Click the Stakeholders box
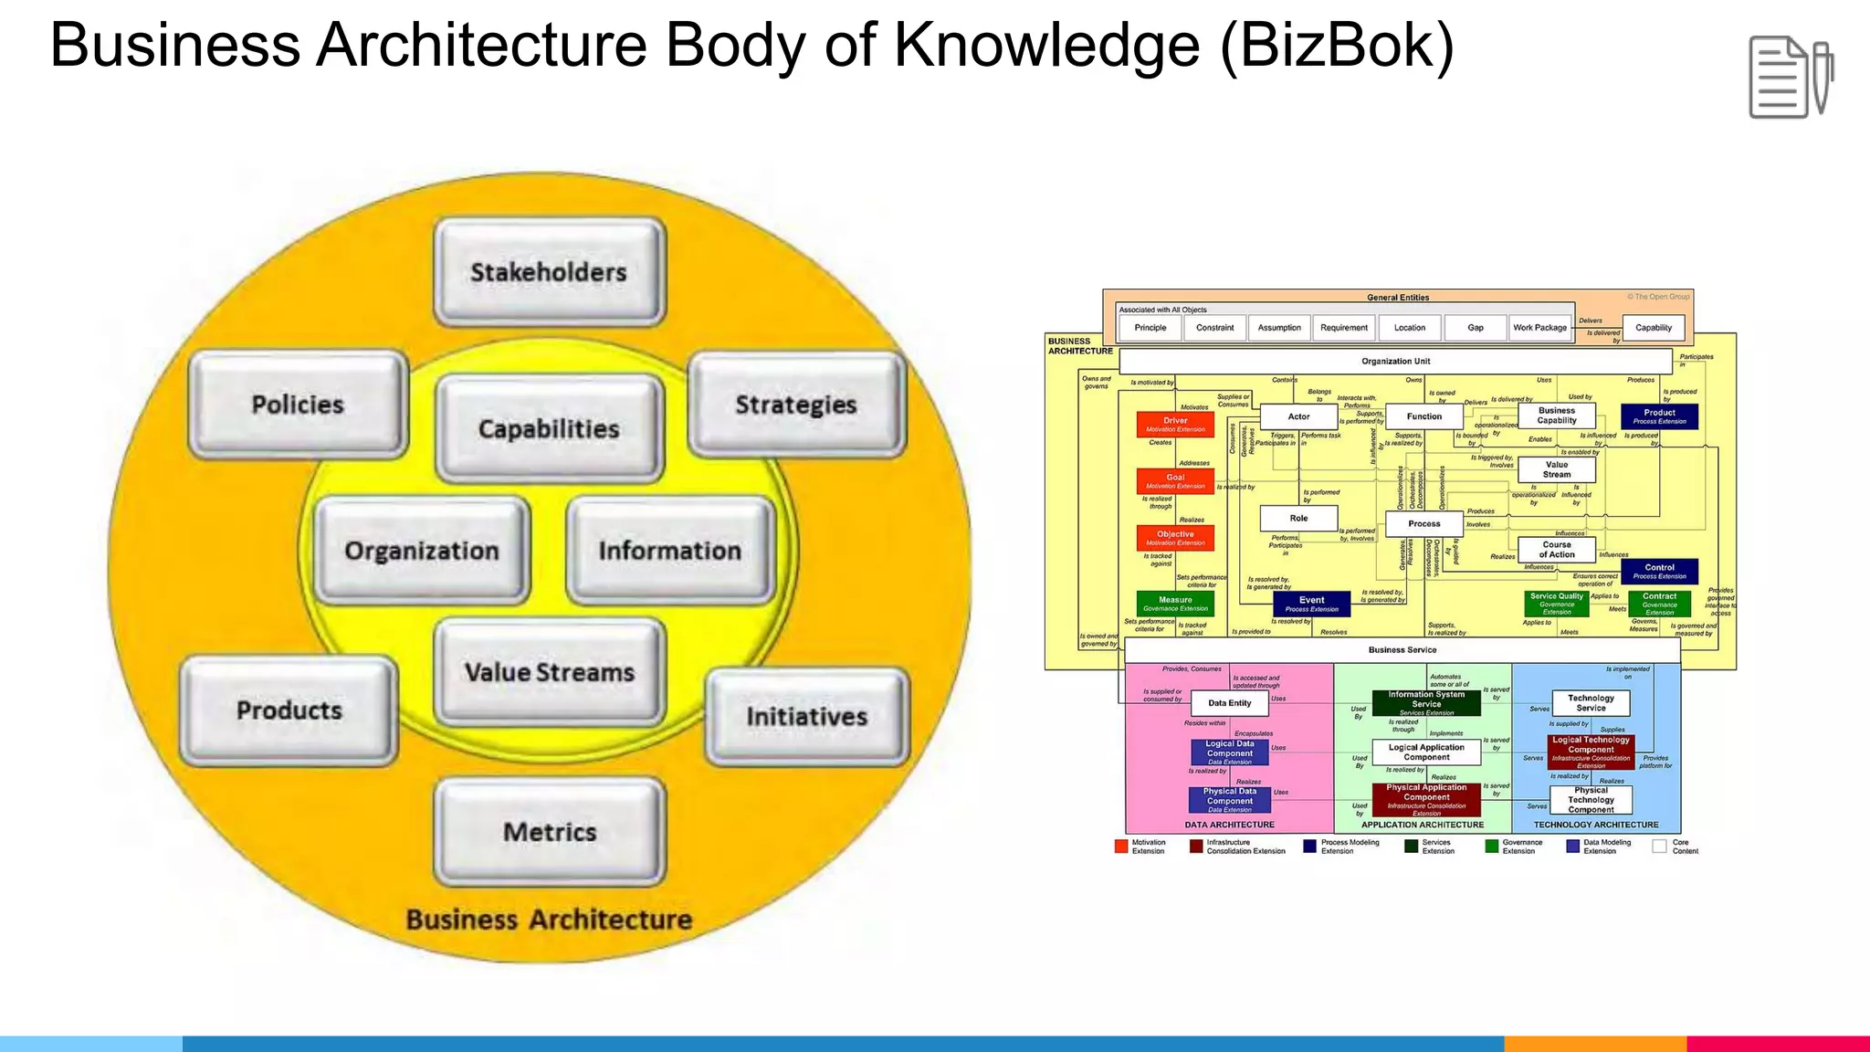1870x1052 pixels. coord(549,272)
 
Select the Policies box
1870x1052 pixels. coord(298,405)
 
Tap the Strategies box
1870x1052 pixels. coord(796,405)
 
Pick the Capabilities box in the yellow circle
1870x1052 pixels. coord(549,428)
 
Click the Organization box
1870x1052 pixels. coord(422,551)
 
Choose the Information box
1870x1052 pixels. coord(670,551)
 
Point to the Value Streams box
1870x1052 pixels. coord(549,672)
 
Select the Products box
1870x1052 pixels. coord(289,710)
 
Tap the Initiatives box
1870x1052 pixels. coord(807,717)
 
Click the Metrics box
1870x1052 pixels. coord(550,832)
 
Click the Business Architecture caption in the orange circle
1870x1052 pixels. coord(549,920)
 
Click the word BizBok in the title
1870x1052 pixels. coord(1336,46)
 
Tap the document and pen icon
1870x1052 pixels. coord(1790,78)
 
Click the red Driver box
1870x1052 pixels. coord(1175,425)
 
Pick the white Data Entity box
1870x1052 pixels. coord(1229,703)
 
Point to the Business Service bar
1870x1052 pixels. coord(1402,650)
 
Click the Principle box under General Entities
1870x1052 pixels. coord(1150,328)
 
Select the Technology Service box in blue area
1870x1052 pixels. coord(1591,702)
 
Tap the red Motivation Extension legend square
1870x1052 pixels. coord(1121,847)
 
